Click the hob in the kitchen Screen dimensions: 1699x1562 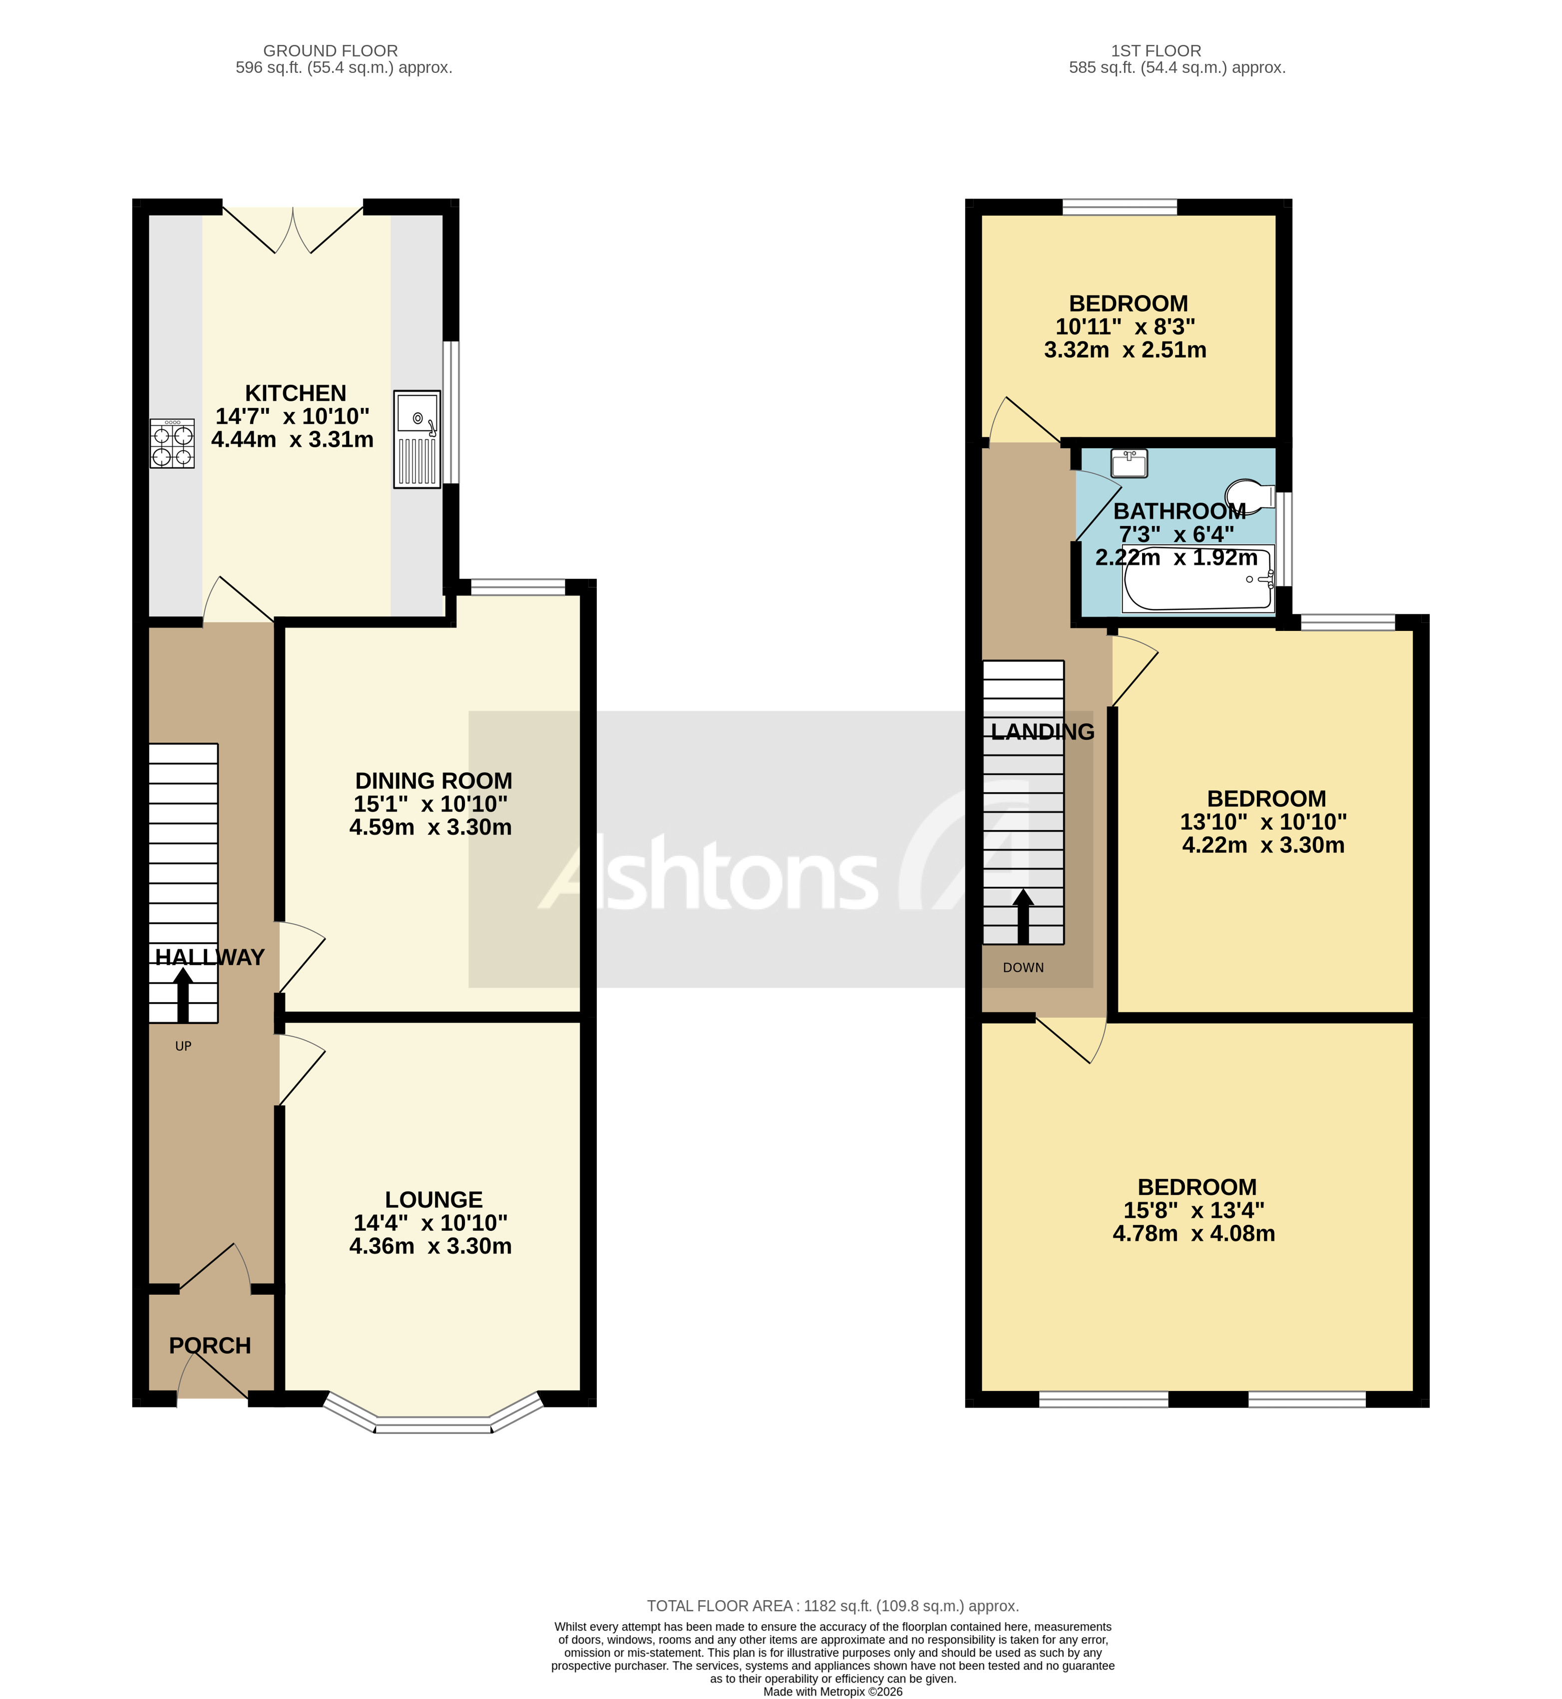pos(172,444)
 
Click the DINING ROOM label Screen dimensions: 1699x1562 pos(433,781)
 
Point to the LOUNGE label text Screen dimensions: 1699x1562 pos(433,1200)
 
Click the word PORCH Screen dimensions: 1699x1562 pos(210,1346)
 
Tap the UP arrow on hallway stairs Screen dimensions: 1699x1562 pos(183,995)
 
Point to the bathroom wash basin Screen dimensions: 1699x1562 pos(1129,463)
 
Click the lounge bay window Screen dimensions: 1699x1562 pos(433,1425)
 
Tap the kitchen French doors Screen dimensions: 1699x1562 pos(293,230)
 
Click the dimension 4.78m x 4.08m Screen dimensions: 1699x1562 pos(1193,1233)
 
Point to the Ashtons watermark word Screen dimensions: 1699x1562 pos(710,874)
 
